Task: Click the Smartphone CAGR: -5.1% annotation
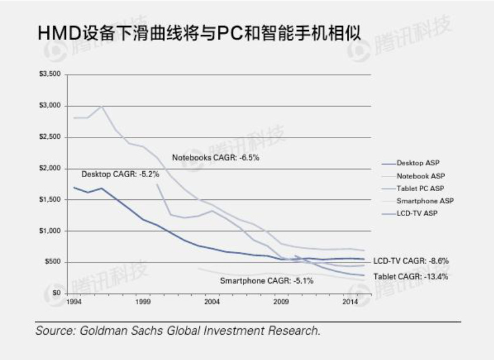point(266,281)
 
